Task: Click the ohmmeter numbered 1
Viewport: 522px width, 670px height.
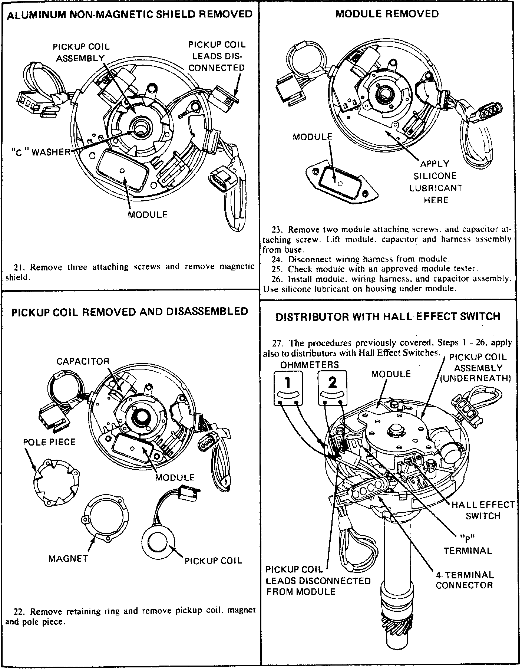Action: coord(288,388)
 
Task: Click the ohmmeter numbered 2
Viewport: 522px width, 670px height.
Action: coord(332,388)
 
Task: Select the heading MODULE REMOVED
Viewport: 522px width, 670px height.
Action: coord(387,14)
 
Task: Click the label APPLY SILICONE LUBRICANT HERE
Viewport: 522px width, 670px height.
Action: coord(436,182)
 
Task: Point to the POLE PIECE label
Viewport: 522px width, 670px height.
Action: coord(49,442)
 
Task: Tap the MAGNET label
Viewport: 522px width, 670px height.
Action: coord(68,558)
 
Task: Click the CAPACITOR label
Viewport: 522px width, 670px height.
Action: coord(83,361)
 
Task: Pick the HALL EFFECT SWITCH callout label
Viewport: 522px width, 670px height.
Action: coord(483,510)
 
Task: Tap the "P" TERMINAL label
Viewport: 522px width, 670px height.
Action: coord(468,545)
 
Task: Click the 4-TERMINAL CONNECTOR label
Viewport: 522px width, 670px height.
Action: coord(465,580)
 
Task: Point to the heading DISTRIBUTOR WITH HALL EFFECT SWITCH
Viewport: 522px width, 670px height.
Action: coord(388,317)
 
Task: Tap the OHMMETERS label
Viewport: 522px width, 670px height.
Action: coord(309,365)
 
